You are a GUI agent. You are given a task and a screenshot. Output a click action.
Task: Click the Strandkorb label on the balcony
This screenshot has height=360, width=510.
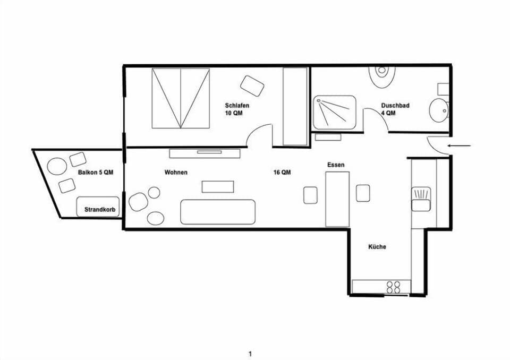[100, 210]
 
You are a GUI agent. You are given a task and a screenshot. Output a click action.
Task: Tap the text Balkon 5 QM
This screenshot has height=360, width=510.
[96, 173]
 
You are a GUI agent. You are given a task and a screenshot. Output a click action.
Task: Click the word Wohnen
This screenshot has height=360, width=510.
[176, 173]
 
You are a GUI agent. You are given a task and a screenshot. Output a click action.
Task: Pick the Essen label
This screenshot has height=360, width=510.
[336, 165]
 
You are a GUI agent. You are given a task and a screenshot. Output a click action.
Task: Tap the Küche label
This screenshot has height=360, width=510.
[377, 247]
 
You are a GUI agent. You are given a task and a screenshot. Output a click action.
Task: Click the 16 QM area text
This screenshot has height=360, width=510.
[282, 173]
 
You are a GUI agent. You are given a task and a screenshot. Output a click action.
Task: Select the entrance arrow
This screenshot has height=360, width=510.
[460, 145]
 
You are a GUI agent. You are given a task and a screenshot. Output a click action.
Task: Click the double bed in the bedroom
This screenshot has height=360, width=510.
[180, 98]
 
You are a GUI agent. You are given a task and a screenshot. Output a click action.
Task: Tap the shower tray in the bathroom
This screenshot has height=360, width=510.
[334, 112]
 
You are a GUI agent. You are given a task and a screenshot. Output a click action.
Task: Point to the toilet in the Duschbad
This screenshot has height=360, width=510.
[382, 76]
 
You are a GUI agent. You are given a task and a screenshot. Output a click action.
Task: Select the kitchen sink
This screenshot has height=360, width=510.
[421, 199]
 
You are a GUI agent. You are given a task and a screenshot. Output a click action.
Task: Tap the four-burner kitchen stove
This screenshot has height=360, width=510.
[394, 287]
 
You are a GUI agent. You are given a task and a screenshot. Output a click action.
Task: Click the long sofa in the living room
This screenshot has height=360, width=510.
[218, 212]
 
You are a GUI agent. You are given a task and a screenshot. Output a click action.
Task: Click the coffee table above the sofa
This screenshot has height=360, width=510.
[217, 186]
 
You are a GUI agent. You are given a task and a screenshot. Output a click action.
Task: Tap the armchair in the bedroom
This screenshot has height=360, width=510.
[252, 85]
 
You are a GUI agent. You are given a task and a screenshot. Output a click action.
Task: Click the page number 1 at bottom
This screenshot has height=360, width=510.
[250, 354]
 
